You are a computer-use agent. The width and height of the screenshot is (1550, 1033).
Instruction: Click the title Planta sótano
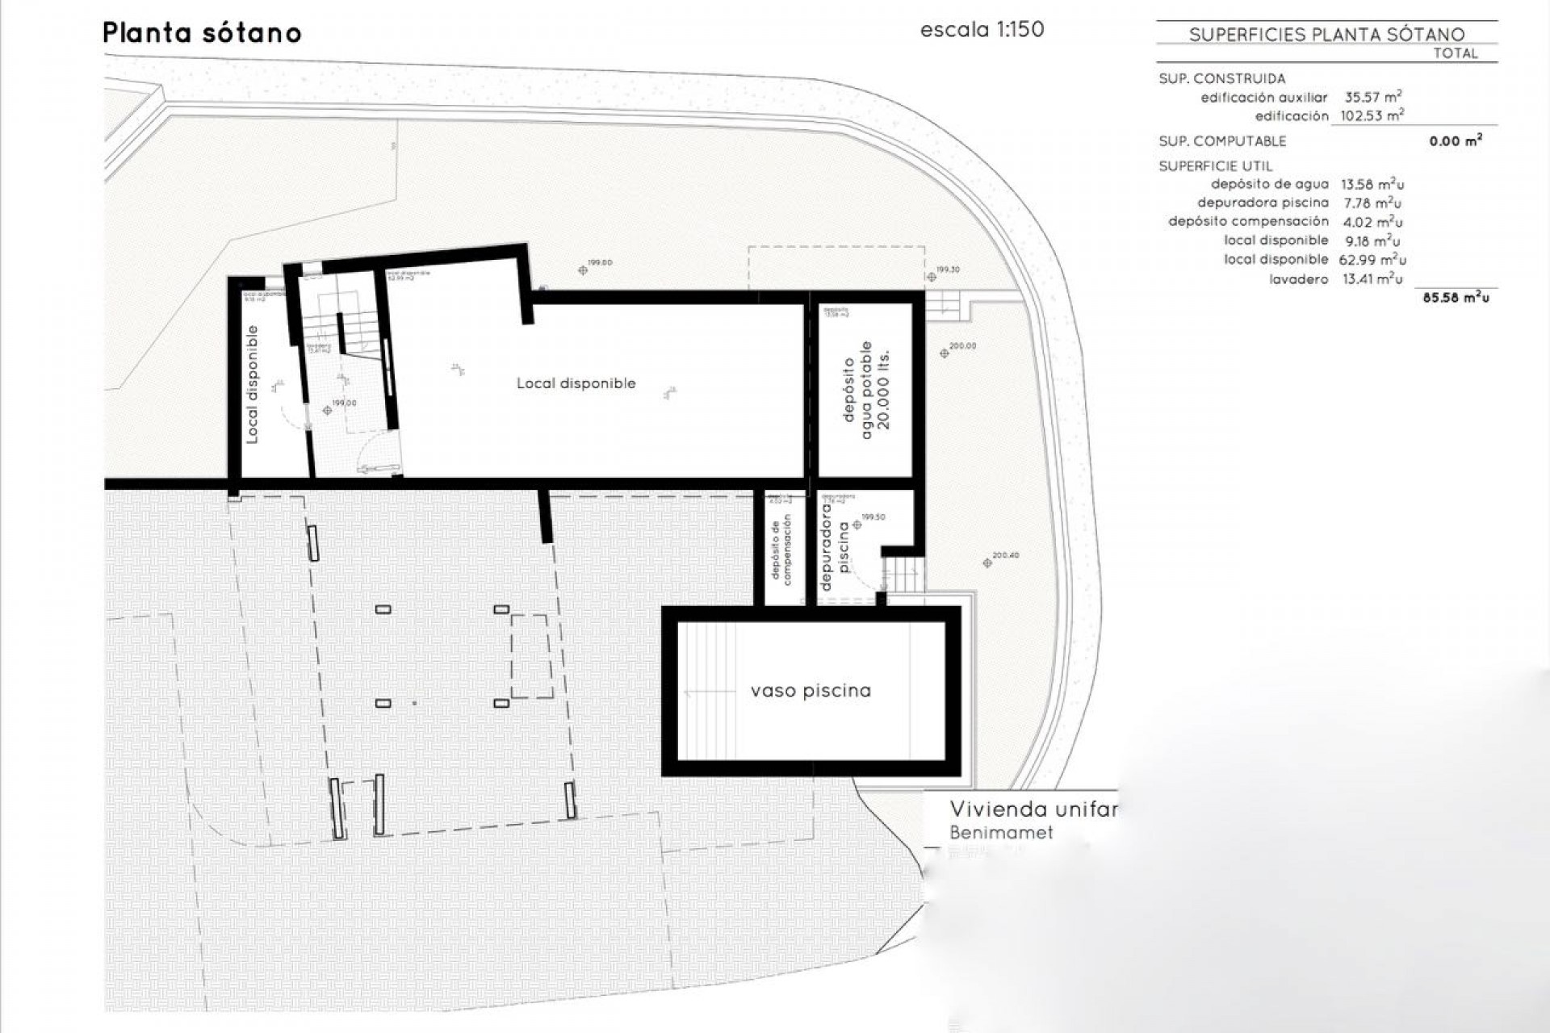(x=202, y=33)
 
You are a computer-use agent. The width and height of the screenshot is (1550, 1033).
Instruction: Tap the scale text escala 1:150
(x=982, y=30)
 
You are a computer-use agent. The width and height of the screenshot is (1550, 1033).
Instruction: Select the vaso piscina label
(x=811, y=691)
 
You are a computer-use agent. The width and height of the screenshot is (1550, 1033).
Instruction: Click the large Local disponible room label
(x=576, y=383)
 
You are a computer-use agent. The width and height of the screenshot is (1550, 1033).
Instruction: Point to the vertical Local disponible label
(x=252, y=384)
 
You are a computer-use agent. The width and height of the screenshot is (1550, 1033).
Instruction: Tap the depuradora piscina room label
(x=835, y=546)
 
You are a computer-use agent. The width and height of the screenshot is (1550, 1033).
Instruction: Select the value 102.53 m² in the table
(x=1372, y=115)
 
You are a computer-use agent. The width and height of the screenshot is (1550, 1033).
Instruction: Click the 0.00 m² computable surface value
(x=1455, y=141)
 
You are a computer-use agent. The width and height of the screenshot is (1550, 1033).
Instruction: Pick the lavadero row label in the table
(x=1298, y=279)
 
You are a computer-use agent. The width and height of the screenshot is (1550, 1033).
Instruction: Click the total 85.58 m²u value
(x=1456, y=298)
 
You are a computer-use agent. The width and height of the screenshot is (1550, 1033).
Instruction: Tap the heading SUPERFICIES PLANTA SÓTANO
(x=1326, y=34)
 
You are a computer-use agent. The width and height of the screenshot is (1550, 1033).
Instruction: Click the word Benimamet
(x=1001, y=832)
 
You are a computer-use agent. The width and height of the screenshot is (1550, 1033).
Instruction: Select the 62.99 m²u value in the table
(x=1372, y=260)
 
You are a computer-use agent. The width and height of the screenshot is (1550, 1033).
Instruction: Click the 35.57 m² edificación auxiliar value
(x=1372, y=97)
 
